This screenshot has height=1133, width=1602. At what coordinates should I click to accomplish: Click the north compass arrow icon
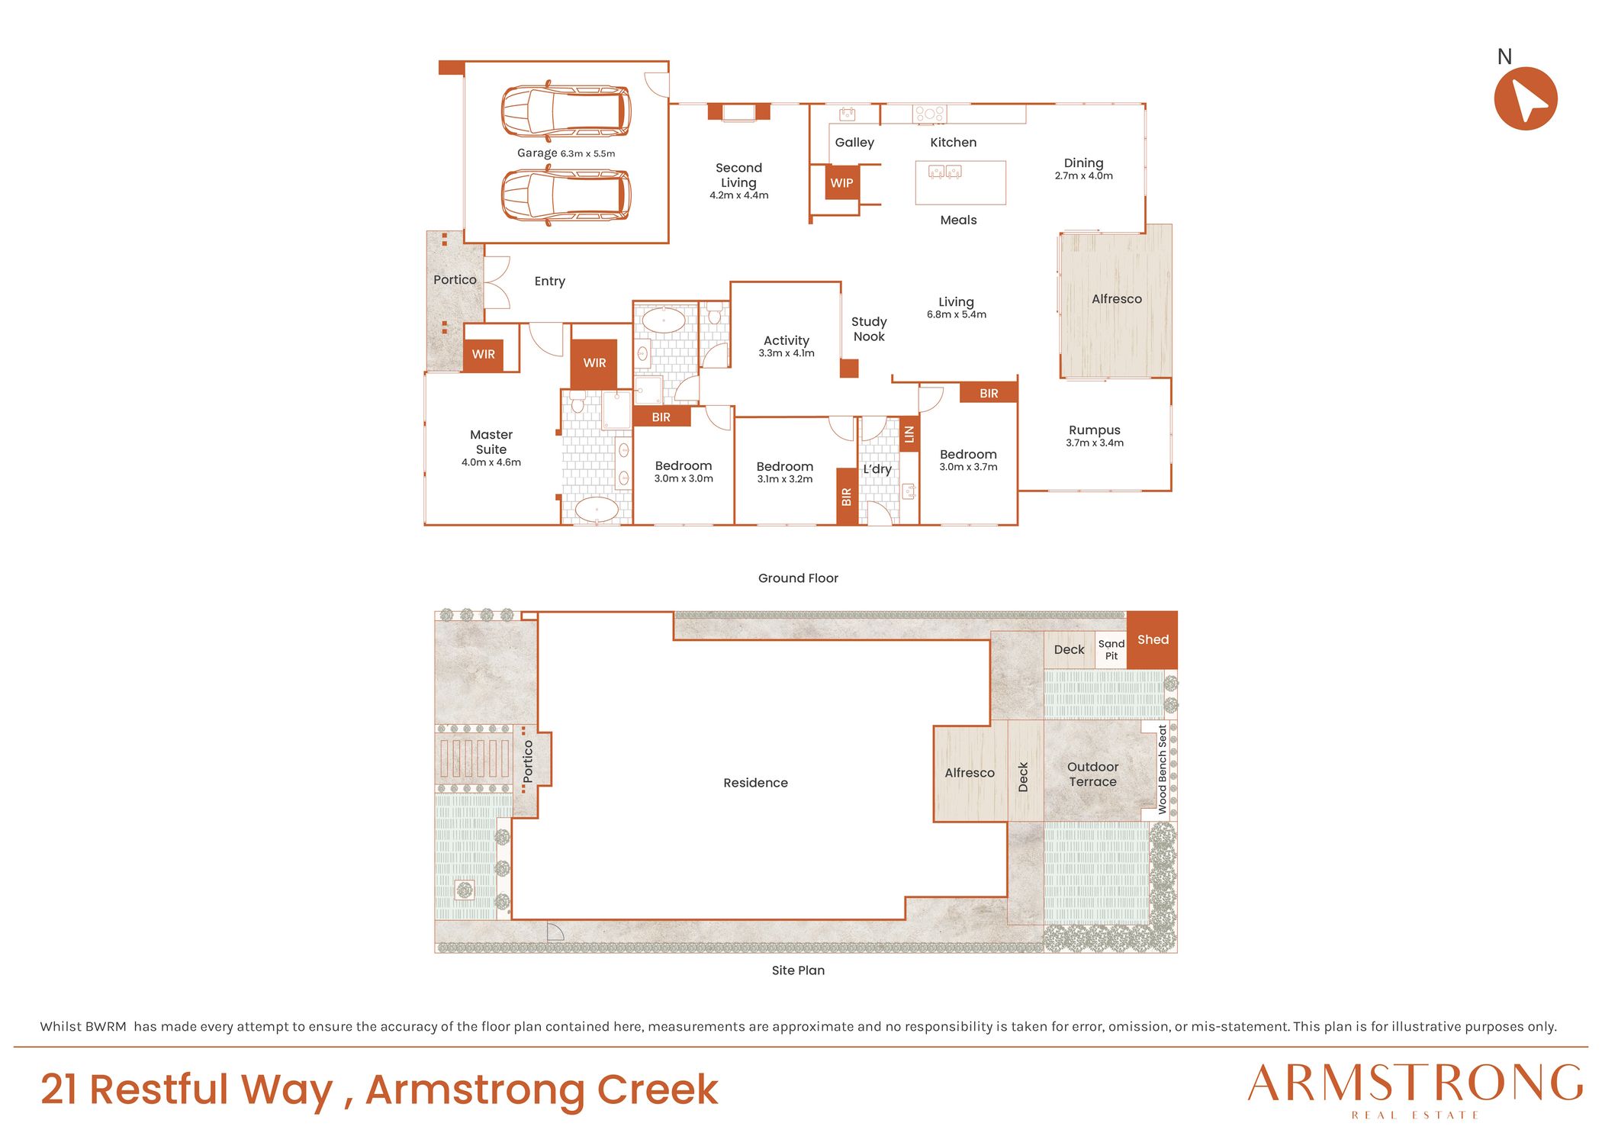(x=1525, y=98)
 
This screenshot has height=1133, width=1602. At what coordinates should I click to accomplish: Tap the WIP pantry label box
(x=842, y=183)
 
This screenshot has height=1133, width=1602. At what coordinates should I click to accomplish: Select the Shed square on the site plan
(x=1152, y=640)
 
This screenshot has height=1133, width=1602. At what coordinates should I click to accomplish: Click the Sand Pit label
(x=1111, y=650)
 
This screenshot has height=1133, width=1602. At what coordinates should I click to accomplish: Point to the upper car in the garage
(x=566, y=111)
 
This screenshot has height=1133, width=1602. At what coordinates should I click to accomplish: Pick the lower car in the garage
(x=566, y=195)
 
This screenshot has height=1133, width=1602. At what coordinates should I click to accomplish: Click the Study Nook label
(x=869, y=329)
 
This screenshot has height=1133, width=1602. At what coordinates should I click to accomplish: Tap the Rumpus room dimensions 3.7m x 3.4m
(x=1095, y=443)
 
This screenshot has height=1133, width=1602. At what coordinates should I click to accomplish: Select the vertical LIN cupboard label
(x=909, y=434)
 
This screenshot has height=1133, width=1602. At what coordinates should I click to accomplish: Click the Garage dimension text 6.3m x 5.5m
(x=587, y=153)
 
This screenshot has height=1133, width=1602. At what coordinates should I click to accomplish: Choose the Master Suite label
(x=491, y=442)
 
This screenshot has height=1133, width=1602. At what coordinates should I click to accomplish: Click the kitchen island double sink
(x=944, y=172)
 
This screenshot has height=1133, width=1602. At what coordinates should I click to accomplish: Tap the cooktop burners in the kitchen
(x=930, y=114)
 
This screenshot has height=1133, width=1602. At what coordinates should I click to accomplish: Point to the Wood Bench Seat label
(x=1163, y=770)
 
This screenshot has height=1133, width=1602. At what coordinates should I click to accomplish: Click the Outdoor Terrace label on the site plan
(x=1093, y=774)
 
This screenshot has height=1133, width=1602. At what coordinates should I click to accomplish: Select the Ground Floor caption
(x=798, y=578)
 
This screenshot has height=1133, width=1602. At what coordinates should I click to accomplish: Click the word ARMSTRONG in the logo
(x=1415, y=1083)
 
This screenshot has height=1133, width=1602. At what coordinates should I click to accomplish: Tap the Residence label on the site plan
(x=755, y=783)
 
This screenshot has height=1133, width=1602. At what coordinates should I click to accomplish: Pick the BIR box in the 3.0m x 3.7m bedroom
(x=989, y=393)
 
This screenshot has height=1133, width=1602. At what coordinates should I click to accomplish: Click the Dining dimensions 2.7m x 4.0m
(x=1084, y=176)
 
